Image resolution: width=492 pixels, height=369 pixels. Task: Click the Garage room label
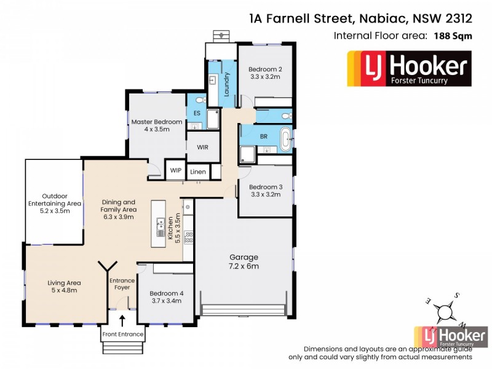(244, 261)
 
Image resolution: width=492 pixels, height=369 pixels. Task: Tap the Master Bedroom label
(157, 125)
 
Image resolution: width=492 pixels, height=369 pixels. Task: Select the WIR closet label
(203, 148)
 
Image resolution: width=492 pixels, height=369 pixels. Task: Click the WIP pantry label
(176, 171)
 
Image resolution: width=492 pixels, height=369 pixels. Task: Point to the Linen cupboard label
(198, 172)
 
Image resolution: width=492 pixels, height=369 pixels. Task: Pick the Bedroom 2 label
(266, 73)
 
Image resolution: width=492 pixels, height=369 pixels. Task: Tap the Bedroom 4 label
(166, 298)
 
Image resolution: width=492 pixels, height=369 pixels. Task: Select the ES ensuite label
(197, 114)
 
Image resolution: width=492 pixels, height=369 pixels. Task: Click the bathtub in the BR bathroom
(286, 140)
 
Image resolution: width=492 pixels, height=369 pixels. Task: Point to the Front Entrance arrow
(122, 320)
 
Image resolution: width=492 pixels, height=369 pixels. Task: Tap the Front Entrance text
(123, 335)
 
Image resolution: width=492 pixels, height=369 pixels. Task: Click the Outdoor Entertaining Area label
(54, 203)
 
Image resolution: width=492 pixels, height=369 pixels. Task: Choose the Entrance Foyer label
(122, 285)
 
